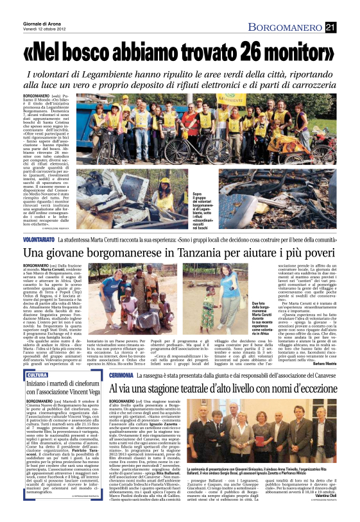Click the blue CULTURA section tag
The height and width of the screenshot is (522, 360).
(37, 375)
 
